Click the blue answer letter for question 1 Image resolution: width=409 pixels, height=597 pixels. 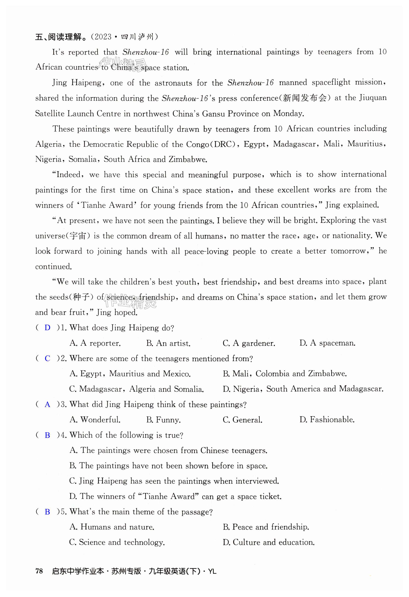47,328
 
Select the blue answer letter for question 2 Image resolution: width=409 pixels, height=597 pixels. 47,358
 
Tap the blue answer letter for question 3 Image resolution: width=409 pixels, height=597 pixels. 47,405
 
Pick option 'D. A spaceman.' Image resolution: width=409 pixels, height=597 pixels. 327,343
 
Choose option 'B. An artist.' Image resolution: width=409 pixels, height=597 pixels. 168,343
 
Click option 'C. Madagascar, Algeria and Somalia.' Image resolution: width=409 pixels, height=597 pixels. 136,389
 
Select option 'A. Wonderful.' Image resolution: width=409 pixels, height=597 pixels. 95,420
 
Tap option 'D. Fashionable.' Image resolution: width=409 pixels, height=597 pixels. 327,420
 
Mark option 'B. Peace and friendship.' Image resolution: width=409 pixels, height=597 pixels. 266,527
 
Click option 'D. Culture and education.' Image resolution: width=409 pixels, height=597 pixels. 269,542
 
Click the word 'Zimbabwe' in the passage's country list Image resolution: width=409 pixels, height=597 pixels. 187,160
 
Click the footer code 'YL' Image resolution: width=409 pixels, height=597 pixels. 212,571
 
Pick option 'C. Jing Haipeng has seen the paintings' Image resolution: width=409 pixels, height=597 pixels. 174,481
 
